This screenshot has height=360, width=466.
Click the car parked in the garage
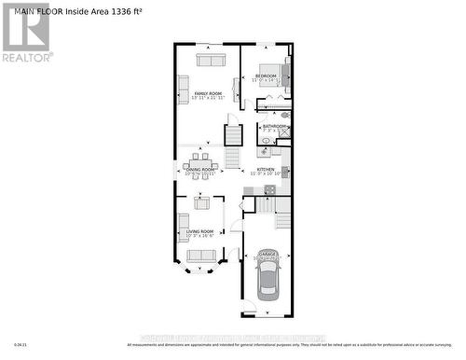point(267,279)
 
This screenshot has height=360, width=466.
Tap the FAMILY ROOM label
point(208,94)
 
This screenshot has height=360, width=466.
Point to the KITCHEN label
point(266,169)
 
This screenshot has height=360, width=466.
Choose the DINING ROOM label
point(199,170)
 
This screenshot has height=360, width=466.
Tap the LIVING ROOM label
point(199,231)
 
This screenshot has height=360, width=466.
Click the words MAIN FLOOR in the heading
point(33,11)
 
